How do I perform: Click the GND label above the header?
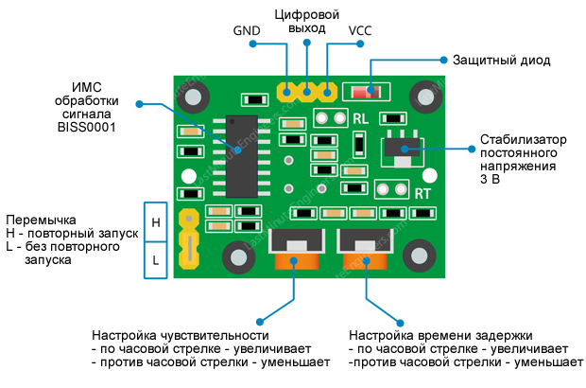coord(248,31)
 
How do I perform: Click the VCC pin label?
coord(360,31)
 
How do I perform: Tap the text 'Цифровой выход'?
coord(306,23)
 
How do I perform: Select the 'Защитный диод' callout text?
coord(499,60)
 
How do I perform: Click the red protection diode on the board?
coord(367,93)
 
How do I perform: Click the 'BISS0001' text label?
coord(86,126)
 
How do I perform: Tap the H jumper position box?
coord(156,222)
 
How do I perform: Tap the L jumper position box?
coord(156,257)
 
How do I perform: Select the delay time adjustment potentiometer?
coord(364,250)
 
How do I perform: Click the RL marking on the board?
coord(361,119)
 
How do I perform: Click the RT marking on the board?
coord(424,193)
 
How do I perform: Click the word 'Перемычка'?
coord(39,218)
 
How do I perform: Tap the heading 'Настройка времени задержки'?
coord(440,336)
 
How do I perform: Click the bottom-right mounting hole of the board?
coord(420,254)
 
